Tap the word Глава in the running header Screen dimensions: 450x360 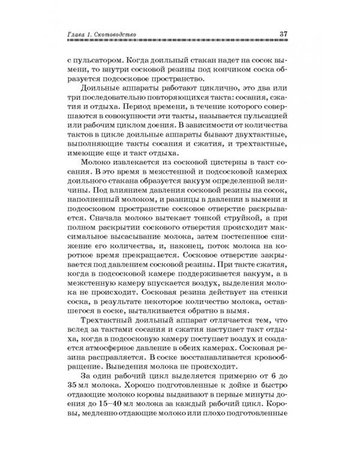77,33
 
